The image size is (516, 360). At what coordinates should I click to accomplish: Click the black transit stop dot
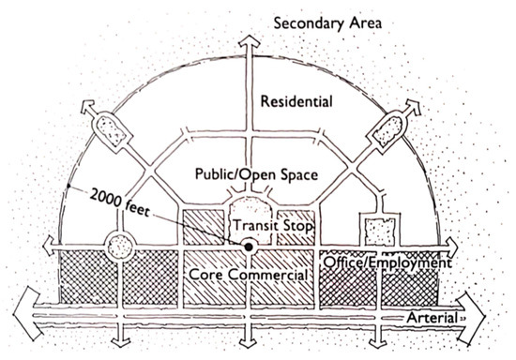[249, 247]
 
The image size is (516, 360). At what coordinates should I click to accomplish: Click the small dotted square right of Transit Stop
[379, 231]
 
